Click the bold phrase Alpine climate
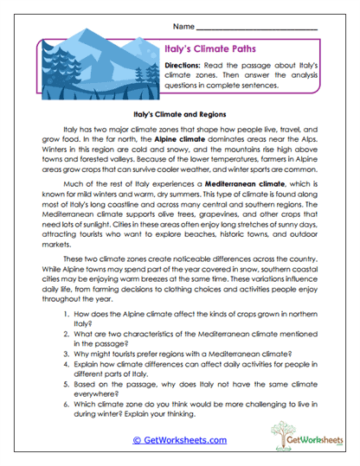click(x=178, y=138)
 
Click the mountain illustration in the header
click(x=99, y=66)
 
